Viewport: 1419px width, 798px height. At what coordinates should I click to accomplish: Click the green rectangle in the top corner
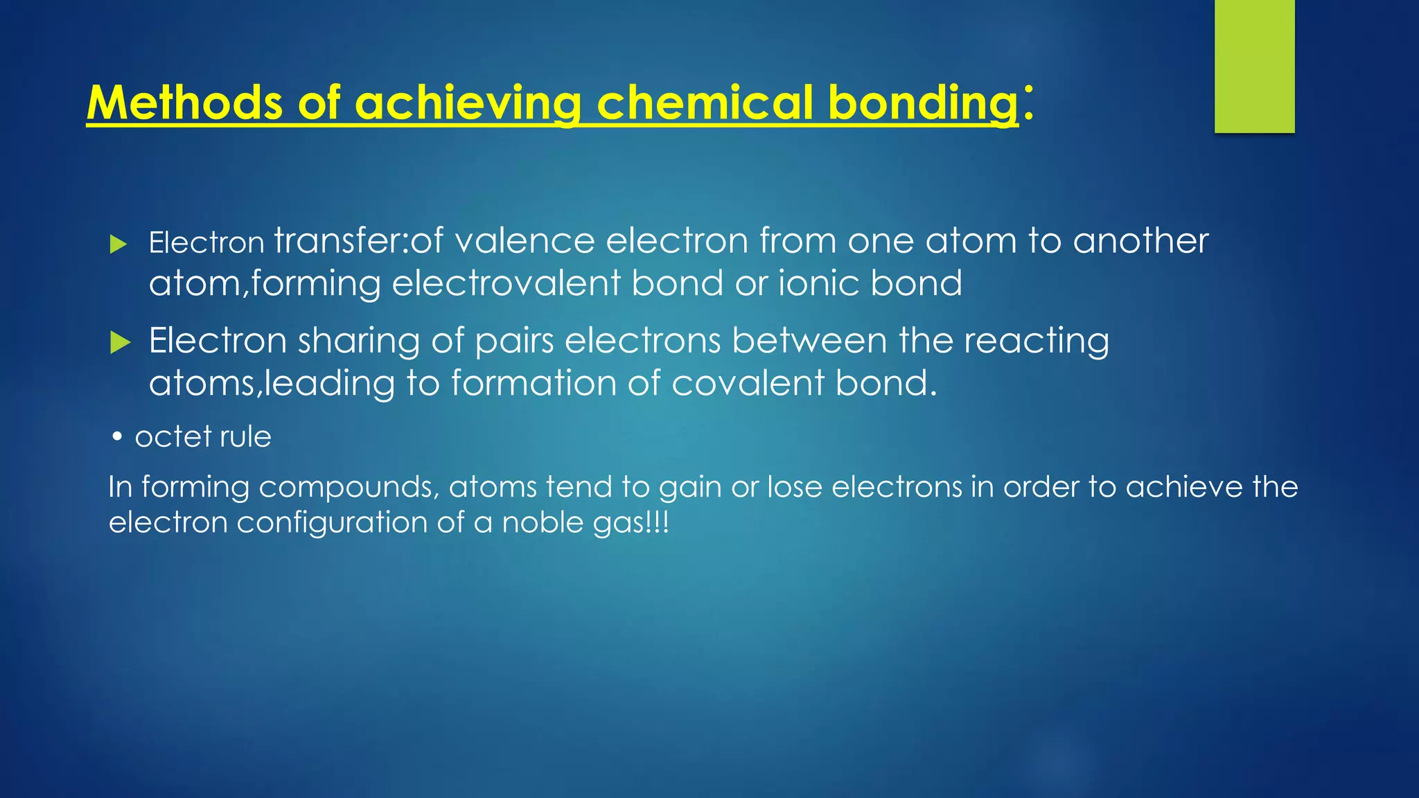[x=1254, y=66]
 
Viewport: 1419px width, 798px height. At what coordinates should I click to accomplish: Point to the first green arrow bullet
[x=119, y=244]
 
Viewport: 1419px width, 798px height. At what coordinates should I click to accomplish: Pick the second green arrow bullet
[x=120, y=342]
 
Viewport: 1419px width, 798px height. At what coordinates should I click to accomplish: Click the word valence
[x=525, y=241]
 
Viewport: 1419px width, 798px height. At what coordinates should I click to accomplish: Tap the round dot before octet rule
[x=118, y=437]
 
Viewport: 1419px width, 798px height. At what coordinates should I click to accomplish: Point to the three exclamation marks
[x=658, y=522]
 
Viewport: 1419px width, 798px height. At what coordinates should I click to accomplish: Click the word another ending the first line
[x=1140, y=241]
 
